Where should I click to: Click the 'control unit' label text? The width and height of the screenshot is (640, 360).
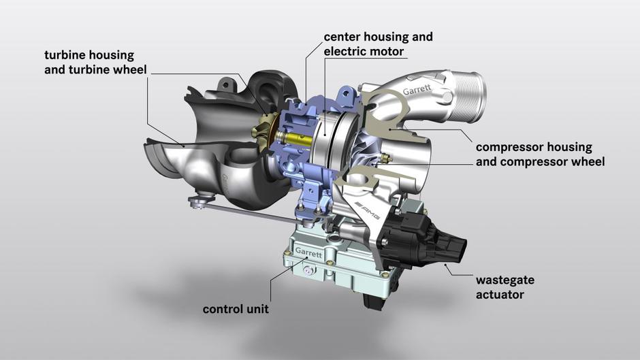(x=236, y=309)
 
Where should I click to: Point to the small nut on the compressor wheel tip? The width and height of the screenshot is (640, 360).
(x=385, y=158)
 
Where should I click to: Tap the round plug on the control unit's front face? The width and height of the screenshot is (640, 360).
(x=309, y=271)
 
